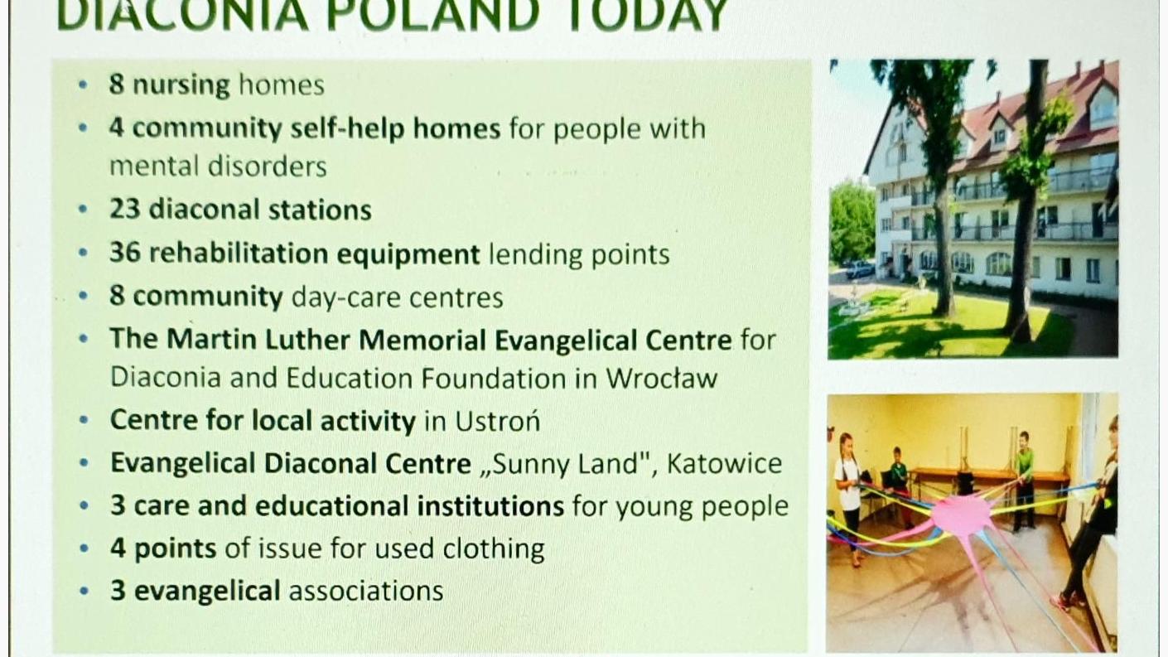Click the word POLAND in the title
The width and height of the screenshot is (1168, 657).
coord(433,15)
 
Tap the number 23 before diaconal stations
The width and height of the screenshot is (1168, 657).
coord(124,209)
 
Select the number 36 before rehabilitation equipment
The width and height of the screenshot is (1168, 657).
coord(125,253)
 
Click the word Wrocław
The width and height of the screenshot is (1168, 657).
coord(662,378)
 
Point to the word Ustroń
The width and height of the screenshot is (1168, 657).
coord(498,421)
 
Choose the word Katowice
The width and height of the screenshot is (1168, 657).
coord(725,464)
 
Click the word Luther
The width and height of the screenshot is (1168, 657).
coord(307,340)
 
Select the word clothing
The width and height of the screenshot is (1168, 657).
coord(493,549)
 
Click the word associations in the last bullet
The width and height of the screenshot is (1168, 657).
coord(366,591)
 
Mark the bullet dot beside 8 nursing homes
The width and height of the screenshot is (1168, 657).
coord(83,85)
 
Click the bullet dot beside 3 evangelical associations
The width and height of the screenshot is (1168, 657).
coord(84,592)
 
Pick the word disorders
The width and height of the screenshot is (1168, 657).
coord(268,167)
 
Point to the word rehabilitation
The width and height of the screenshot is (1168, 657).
coord(239,253)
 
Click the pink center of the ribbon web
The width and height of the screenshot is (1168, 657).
coord(963,514)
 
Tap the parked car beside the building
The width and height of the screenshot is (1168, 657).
coord(859,269)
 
